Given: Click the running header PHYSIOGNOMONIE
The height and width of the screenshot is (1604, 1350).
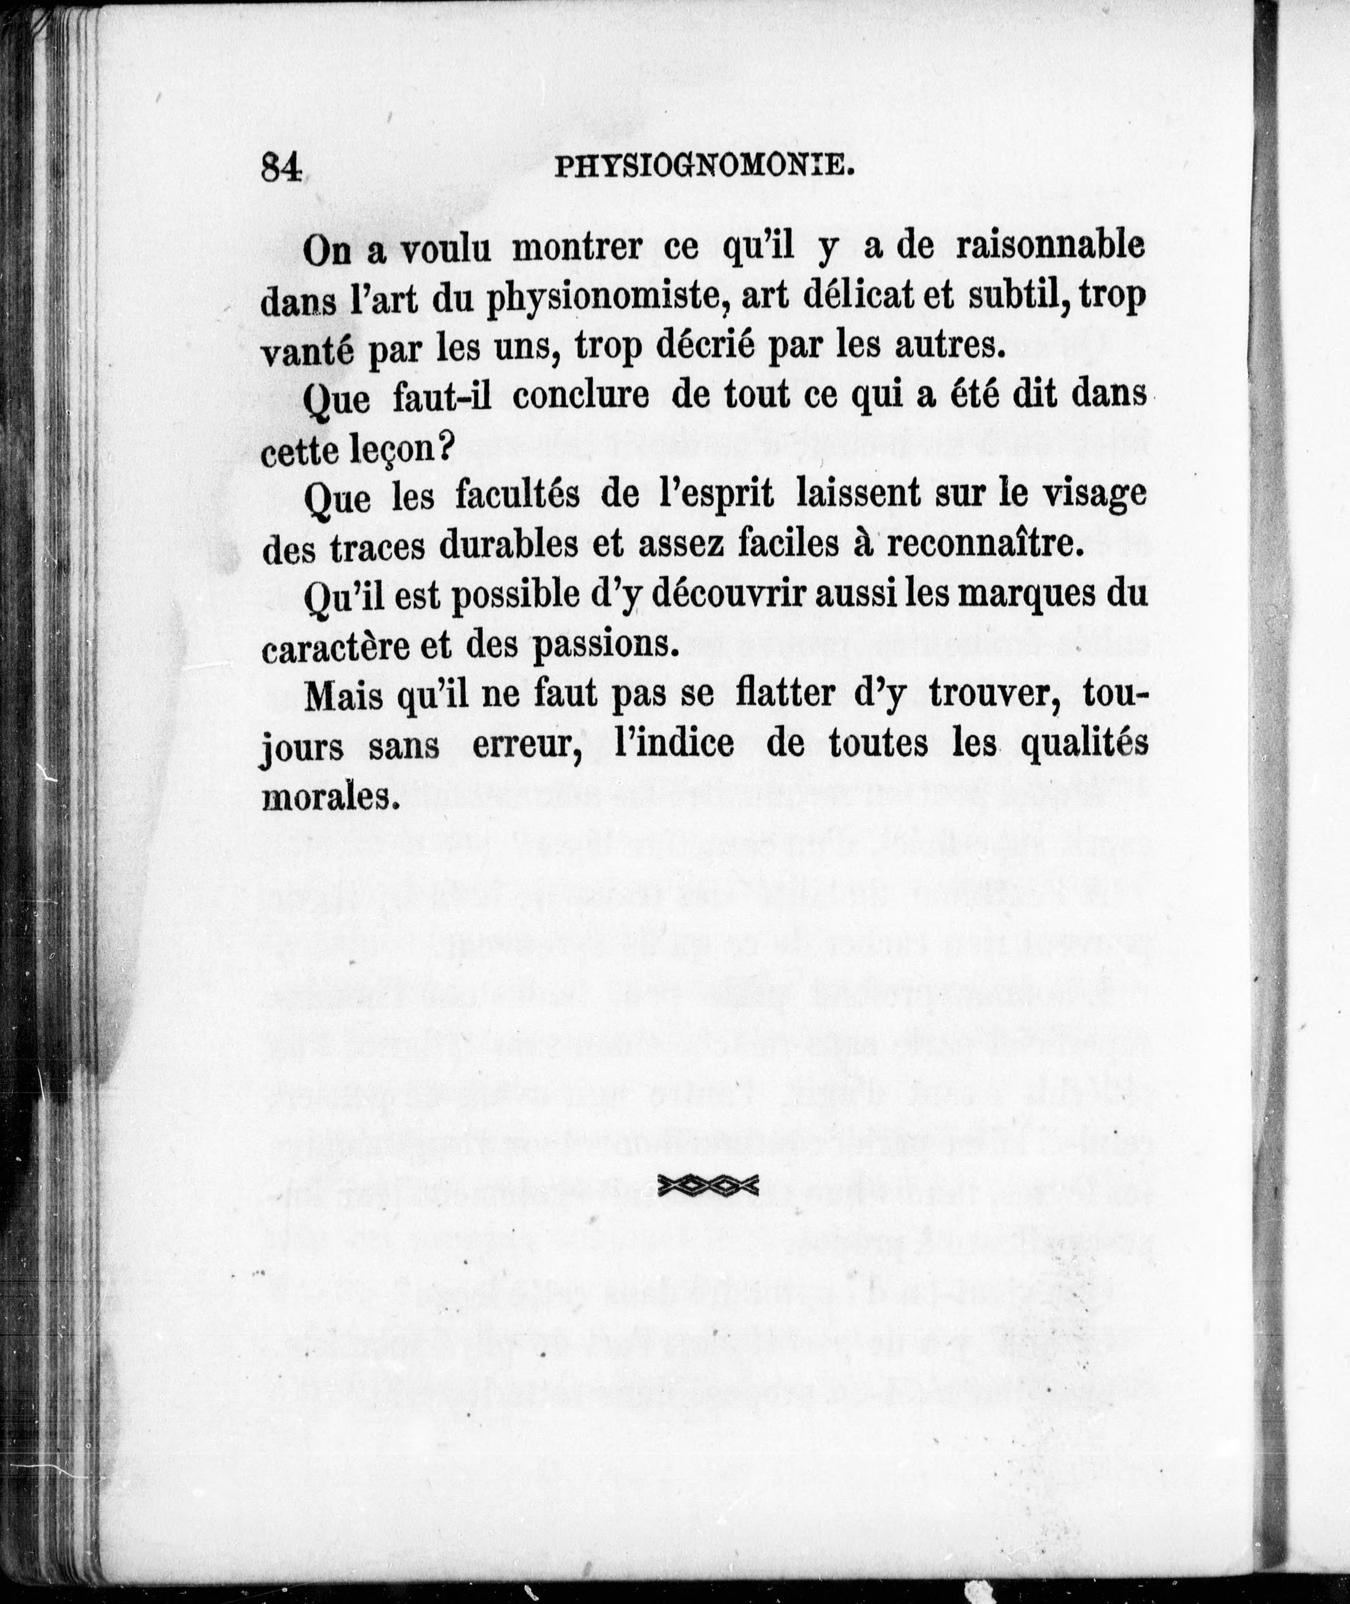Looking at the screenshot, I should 702,186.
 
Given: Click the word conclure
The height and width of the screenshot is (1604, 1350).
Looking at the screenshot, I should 579,397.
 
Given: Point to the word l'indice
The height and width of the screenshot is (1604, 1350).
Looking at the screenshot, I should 674,743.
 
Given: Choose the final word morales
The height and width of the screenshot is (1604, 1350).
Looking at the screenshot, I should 331,797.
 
